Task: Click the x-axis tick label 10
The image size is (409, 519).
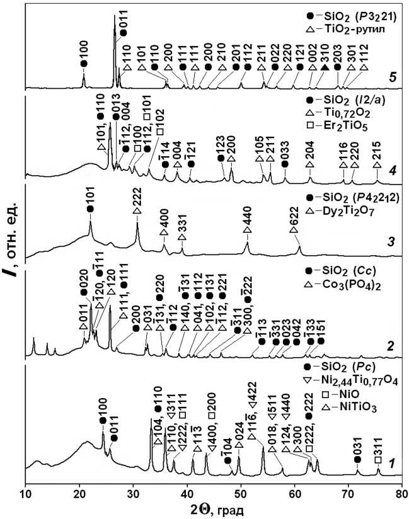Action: click(26, 494)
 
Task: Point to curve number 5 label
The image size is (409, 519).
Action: click(392, 78)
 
